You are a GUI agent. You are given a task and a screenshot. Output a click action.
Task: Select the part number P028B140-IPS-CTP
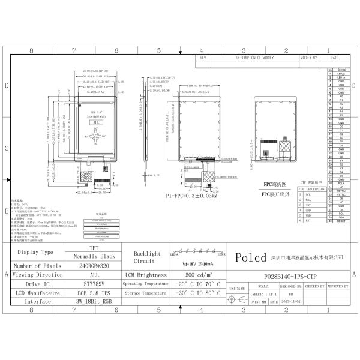pyautogui.click(x=279, y=277)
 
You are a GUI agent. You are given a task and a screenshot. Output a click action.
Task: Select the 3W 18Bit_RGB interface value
pyautogui.click(x=93, y=302)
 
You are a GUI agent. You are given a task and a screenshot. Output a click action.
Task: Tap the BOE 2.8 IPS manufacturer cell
pyautogui.click(x=93, y=292)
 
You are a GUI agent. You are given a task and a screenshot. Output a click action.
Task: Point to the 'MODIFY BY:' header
pyautogui.click(x=308, y=58)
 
